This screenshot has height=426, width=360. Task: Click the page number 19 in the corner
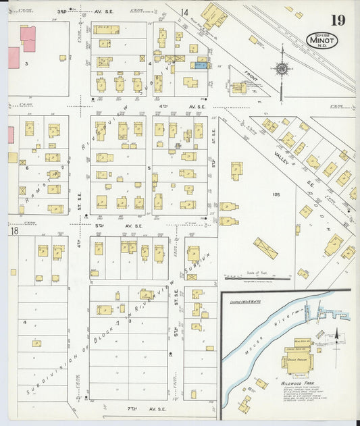338,20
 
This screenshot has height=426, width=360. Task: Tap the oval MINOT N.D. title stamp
322,41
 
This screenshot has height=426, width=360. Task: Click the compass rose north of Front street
282,68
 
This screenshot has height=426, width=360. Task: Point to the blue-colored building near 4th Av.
201,65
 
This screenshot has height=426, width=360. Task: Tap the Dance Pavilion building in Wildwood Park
298,362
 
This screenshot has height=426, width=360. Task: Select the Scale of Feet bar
257,276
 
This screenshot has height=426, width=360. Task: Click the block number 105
275,194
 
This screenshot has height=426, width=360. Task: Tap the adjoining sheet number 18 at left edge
14,232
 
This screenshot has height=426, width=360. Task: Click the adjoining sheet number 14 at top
184,11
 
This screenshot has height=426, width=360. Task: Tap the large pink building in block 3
28,38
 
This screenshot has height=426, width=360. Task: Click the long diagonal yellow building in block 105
265,248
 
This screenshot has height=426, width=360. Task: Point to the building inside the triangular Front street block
238,87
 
